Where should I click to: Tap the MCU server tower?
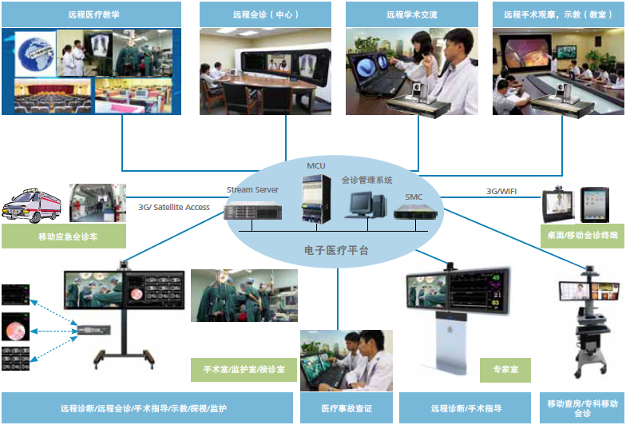(x=315, y=200)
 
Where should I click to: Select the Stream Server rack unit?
(x=252, y=212)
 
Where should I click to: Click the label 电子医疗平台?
(x=338, y=250)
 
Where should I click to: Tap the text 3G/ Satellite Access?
(x=174, y=208)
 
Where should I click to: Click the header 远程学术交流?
(x=411, y=14)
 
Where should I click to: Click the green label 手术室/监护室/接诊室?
(x=244, y=371)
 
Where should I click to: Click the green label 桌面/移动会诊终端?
(x=577, y=236)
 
